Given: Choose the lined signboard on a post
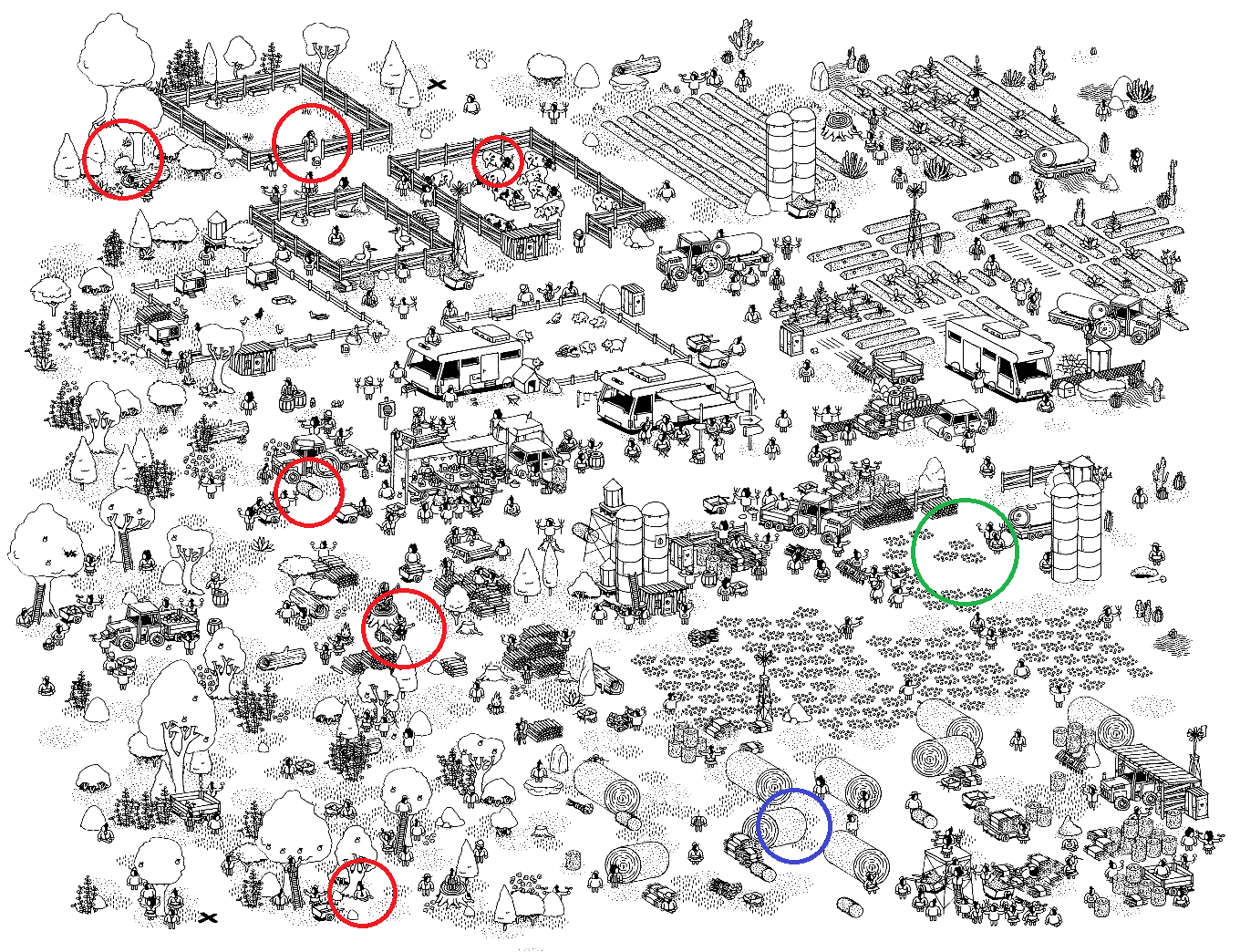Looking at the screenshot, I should click(387, 411).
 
